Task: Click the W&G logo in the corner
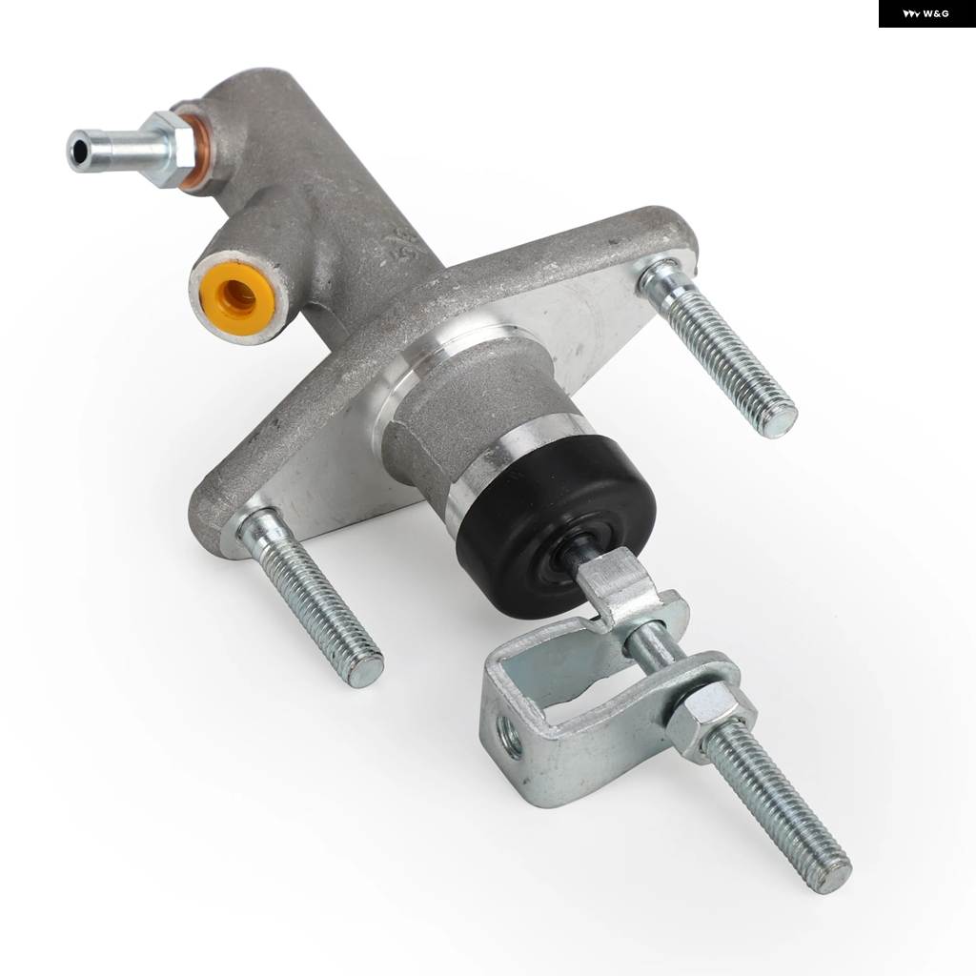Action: [926, 13]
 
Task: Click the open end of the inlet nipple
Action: [80, 151]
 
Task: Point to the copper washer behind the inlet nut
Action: [195, 148]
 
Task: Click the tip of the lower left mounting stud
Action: [365, 668]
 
